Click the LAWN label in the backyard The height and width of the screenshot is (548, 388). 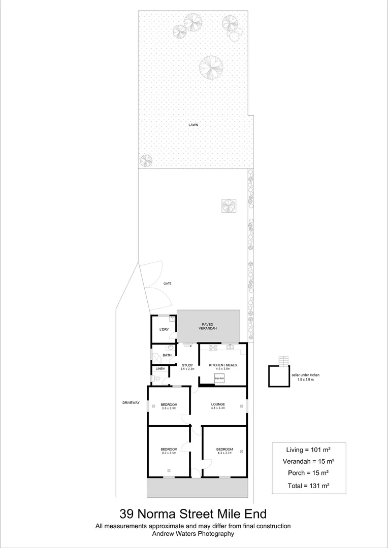click(x=193, y=124)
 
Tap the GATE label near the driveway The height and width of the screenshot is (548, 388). click(x=167, y=284)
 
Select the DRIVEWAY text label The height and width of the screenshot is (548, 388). click(x=131, y=403)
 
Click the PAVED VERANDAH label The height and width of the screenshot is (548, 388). click(x=207, y=326)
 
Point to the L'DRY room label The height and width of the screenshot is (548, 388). click(x=164, y=330)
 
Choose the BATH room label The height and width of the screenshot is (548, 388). click(x=167, y=355)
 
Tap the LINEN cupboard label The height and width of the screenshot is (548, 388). click(x=160, y=368)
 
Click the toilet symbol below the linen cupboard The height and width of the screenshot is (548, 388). click(x=158, y=379)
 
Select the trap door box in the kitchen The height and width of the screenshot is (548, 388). click(x=219, y=378)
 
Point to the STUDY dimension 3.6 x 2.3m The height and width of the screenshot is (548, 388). click(x=187, y=369)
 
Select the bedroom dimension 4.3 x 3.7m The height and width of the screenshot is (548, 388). click(x=224, y=453)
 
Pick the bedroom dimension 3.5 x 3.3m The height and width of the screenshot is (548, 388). click(x=169, y=408)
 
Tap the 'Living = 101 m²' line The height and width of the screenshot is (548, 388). click(x=308, y=449)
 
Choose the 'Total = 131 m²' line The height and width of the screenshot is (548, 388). click(x=308, y=486)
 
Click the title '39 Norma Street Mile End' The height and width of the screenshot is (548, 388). click(x=193, y=514)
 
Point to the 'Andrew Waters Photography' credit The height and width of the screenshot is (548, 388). click(x=193, y=534)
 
